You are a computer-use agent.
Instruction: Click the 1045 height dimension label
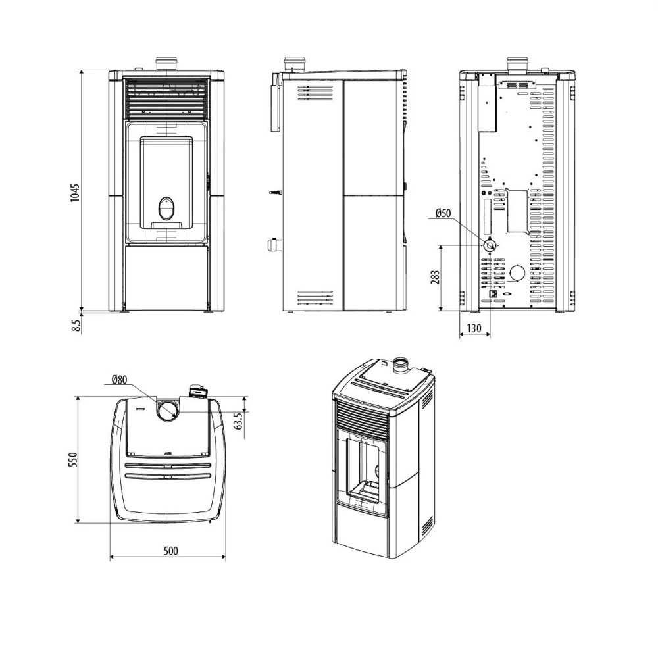pyautogui.click(x=75, y=193)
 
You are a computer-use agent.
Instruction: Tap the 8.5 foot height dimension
pyautogui.click(x=76, y=326)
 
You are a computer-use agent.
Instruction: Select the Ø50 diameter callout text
pyautogui.click(x=443, y=213)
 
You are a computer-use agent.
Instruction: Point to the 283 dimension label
pyautogui.click(x=435, y=278)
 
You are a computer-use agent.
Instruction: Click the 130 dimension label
pyautogui.click(x=474, y=328)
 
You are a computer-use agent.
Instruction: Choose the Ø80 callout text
pyautogui.click(x=119, y=380)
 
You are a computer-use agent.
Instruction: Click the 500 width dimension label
pyautogui.click(x=170, y=551)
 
